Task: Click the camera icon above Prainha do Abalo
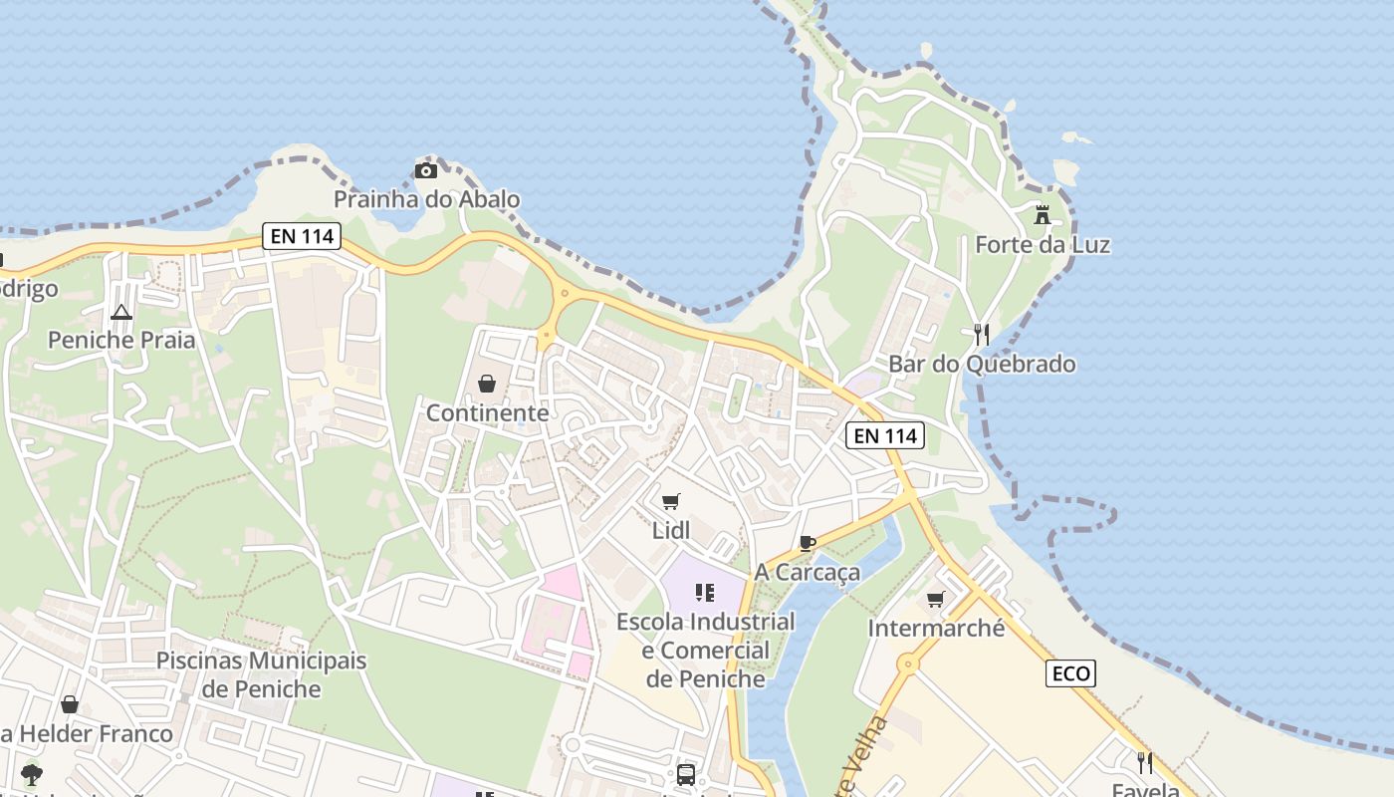pyautogui.click(x=426, y=170)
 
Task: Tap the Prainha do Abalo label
pyautogui.click(x=426, y=199)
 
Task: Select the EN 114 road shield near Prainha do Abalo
pyautogui.click(x=303, y=236)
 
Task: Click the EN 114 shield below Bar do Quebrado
pyautogui.click(x=885, y=435)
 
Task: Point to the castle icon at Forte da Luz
pyautogui.click(x=1043, y=215)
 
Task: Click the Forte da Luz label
pyautogui.click(x=1043, y=244)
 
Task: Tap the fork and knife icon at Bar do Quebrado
pyautogui.click(x=982, y=335)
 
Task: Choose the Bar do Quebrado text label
pyautogui.click(x=982, y=364)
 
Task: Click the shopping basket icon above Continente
pyautogui.click(x=487, y=384)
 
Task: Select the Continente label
pyautogui.click(x=487, y=412)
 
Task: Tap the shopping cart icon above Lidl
pyautogui.click(x=671, y=501)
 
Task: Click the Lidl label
pyautogui.click(x=671, y=530)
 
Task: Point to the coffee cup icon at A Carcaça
pyautogui.click(x=808, y=543)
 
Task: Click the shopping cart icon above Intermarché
pyautogui.click(x=935, y=600)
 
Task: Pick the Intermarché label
pyautogui.click(x=935, y=629)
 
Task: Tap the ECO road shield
pyautogui.click(x=1070, y=673)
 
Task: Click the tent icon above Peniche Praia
pyautogui.click(x=121, y=312)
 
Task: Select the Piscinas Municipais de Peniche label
pyautogui.click(x=261, y=674)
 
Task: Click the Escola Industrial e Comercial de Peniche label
pyautogui.click(x=706, y=650)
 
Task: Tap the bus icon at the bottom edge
pyautogui.click(x=686, y=774)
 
